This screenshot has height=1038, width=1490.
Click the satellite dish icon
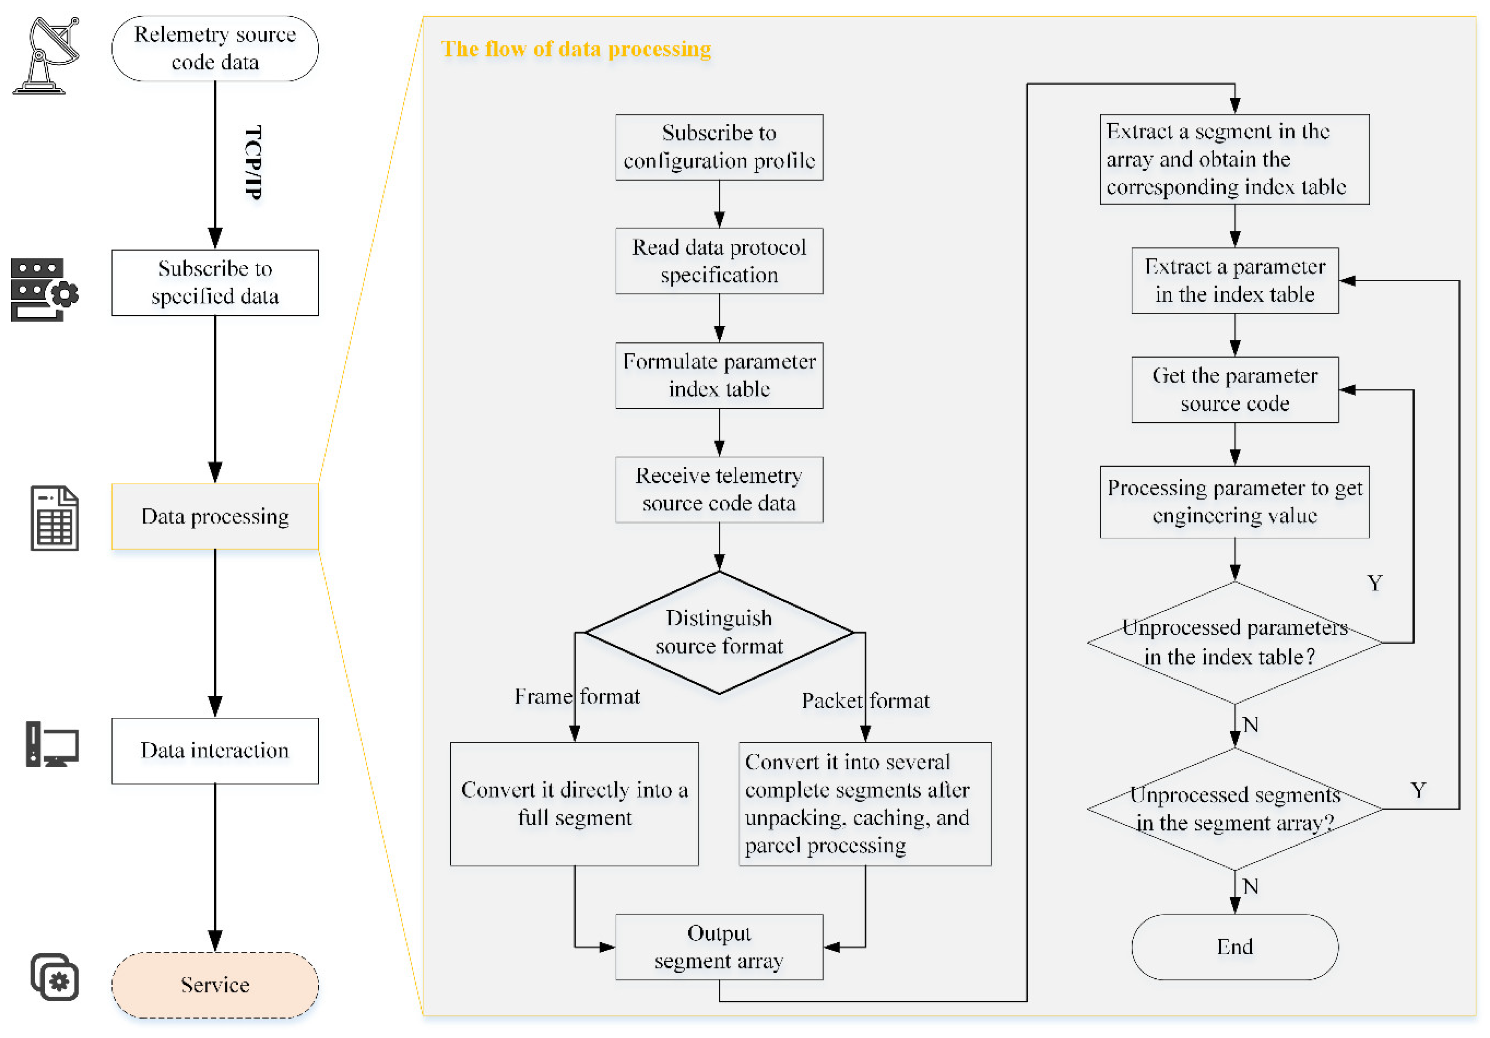[x=45, y=55]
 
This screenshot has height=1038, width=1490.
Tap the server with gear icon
[x=44, y=290]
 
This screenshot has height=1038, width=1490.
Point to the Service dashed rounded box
[x=215, y=984]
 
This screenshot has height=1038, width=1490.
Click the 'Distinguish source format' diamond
[x=719, y=632]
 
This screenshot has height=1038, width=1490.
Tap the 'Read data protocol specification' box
[x=719, y=261]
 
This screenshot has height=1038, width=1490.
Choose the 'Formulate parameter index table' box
[x=719, y=375]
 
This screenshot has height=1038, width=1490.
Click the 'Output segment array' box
[x=719, y=947]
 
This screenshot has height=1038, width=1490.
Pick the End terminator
[x=1234, y=947]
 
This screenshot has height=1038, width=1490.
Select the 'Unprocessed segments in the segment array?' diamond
[x=1234, y=809]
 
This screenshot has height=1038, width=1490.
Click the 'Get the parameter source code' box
[x=1234, y=389]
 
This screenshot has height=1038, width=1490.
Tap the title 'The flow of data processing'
[x=576, y=49]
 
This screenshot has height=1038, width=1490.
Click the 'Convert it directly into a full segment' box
[x=574, y=804]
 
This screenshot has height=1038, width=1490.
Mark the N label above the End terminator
[x=1250, y=886]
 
